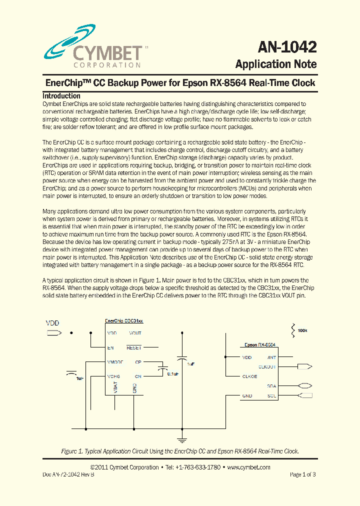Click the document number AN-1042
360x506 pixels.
(x=287, y=47)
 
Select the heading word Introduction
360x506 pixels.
(x=61, y=95)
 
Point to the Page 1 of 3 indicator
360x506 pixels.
(x=302, y=474)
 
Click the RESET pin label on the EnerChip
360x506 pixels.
(x=134, y=347)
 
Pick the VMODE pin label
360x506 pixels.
(x=115, y=361)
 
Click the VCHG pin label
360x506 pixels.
(x=113, y=376)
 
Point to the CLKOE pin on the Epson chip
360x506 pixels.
(x=249, y=376)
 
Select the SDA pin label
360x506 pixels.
(x=271, y=386)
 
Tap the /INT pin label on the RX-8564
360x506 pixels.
(x=271, y=357)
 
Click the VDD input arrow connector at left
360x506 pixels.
(x=52, y=332)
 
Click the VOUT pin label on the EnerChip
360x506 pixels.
(x=135, y=333)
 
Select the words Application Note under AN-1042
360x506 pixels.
(x=275, y=64)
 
